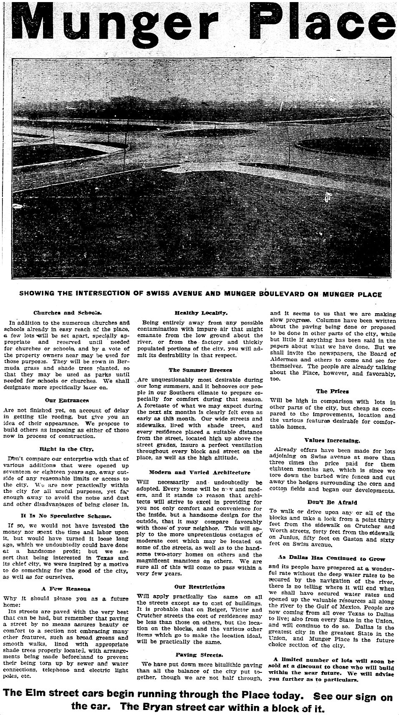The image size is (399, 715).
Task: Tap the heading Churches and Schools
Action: [67, 312]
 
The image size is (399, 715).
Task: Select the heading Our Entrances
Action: [67, 400]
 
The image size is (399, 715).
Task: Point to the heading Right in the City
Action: [67, 449]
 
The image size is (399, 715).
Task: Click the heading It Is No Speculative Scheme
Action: [67, 516]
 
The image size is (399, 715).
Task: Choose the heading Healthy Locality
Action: [201, 312]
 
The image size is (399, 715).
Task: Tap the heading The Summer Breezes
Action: [200, 370]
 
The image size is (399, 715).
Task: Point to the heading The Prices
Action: [332, 391]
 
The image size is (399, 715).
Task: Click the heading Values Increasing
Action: [332, 440]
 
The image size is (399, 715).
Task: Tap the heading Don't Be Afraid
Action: [332, 502]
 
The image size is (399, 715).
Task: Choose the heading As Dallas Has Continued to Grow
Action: [332, 558]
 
